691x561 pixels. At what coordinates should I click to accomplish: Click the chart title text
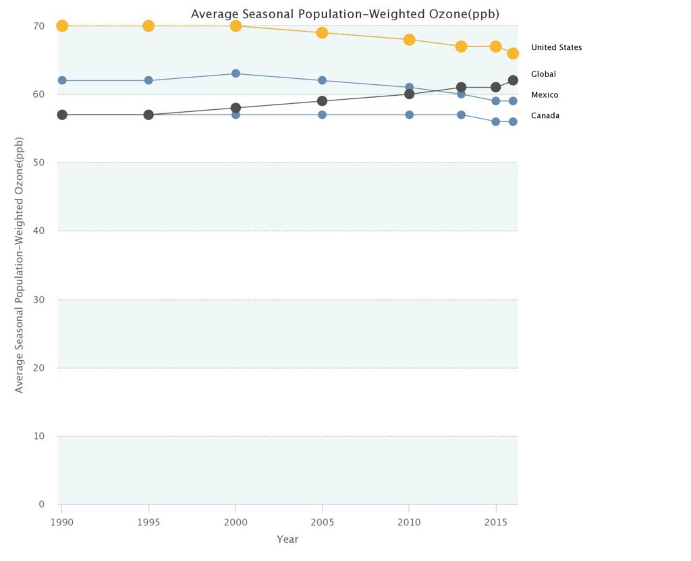[345, 13]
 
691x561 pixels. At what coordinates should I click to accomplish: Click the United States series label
[556, 47]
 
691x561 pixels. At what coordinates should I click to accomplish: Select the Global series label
[543, 74]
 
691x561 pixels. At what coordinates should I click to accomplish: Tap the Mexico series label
[545, 95]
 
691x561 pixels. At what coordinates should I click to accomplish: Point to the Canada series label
[545, 115]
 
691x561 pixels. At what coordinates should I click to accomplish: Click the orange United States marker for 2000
[236, 26]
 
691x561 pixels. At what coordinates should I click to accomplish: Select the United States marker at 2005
[322, 32]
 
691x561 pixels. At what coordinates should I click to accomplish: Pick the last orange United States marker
[513, 53]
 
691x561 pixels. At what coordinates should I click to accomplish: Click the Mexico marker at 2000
[236, 73]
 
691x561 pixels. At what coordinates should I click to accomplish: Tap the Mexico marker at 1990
[62, 80]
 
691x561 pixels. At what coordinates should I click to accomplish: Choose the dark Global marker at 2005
[322, 101]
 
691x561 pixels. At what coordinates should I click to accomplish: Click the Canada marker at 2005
[322, 115]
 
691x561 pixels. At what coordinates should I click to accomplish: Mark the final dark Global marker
[513, 80]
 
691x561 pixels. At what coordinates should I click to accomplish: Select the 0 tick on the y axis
[41, 504]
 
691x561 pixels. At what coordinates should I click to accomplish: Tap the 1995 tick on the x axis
[148, 523]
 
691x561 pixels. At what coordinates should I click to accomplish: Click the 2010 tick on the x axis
[409, 523]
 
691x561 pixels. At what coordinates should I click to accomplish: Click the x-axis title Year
[287, 539]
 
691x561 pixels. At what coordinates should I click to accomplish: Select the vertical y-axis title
[20, 264]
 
